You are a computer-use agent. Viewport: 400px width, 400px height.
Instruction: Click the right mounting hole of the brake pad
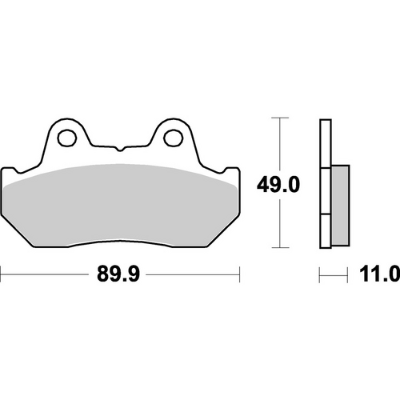(172, 138)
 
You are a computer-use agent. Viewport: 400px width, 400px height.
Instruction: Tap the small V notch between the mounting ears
(120, 150)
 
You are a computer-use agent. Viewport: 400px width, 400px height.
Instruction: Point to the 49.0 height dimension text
(278, 186)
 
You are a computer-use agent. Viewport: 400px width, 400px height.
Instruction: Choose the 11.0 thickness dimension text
(375, 275)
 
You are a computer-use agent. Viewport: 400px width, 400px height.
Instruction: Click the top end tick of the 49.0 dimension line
(278, 118)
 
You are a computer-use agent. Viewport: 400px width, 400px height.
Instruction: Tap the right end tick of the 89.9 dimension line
(240, 275)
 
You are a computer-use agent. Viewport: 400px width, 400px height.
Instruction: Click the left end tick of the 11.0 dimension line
(320, 275)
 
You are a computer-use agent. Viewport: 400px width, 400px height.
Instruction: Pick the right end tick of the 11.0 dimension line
(350, 275)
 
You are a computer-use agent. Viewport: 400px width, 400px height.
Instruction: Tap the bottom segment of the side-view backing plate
(324, 232)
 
